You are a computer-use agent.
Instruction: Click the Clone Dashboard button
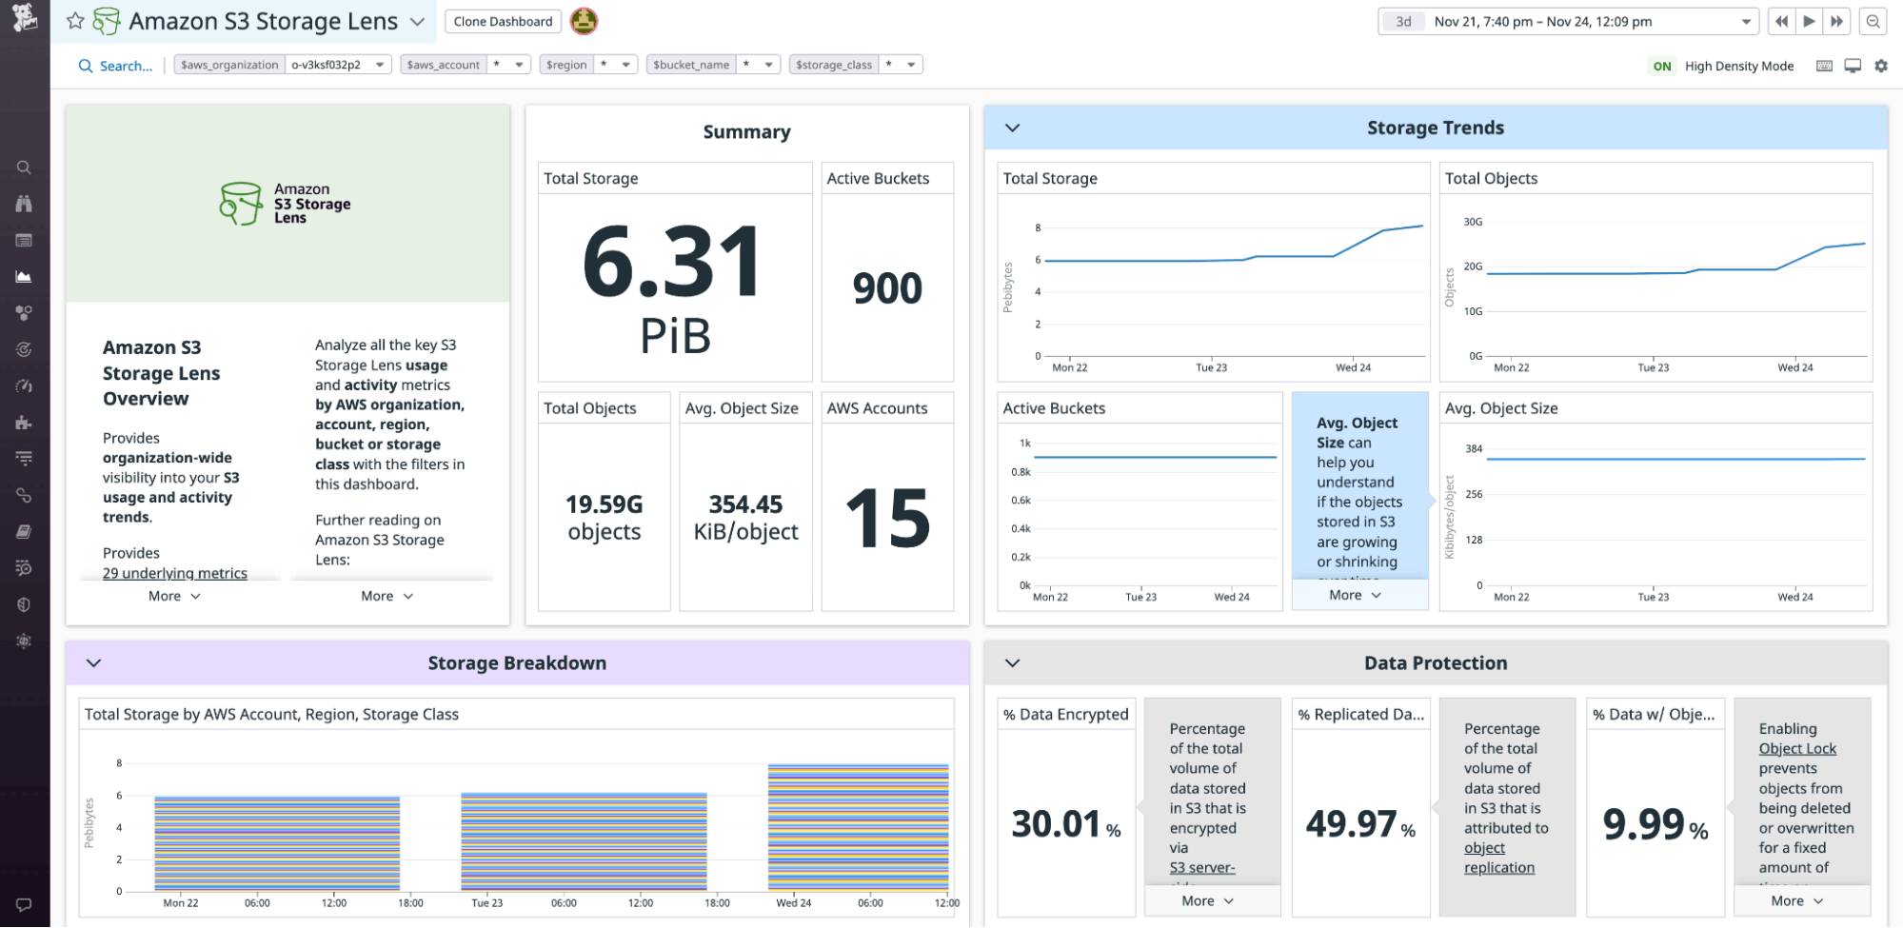[x=503, y=21]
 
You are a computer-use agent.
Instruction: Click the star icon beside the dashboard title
[x=75, y=21]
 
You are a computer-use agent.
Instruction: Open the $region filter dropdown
[x=587, y=65]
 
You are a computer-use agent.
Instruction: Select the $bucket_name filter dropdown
[x=712, y=65]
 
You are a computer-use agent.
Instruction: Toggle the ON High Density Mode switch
[x=1662, y=66]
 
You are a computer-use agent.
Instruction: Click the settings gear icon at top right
[x=1881, y=66]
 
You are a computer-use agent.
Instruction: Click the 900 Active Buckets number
[x=886, y=288]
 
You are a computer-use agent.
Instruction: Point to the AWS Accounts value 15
[x=887, y=519]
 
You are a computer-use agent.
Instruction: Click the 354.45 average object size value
[x=745, y=504]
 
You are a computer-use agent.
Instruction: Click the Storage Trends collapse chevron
[x=1013, y=128]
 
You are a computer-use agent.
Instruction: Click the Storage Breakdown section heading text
[x=517, y=663]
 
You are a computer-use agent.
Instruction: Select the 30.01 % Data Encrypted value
[x=1056, y=824]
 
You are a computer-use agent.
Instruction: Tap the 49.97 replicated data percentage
[x=1351, y=824]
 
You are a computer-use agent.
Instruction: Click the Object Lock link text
[x=1797, y=749]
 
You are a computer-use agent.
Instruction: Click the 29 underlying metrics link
[x=175, y=573]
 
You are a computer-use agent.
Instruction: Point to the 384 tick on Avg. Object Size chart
[x=1474, y=448]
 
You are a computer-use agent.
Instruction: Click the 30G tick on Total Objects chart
[x=1473, y=222]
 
